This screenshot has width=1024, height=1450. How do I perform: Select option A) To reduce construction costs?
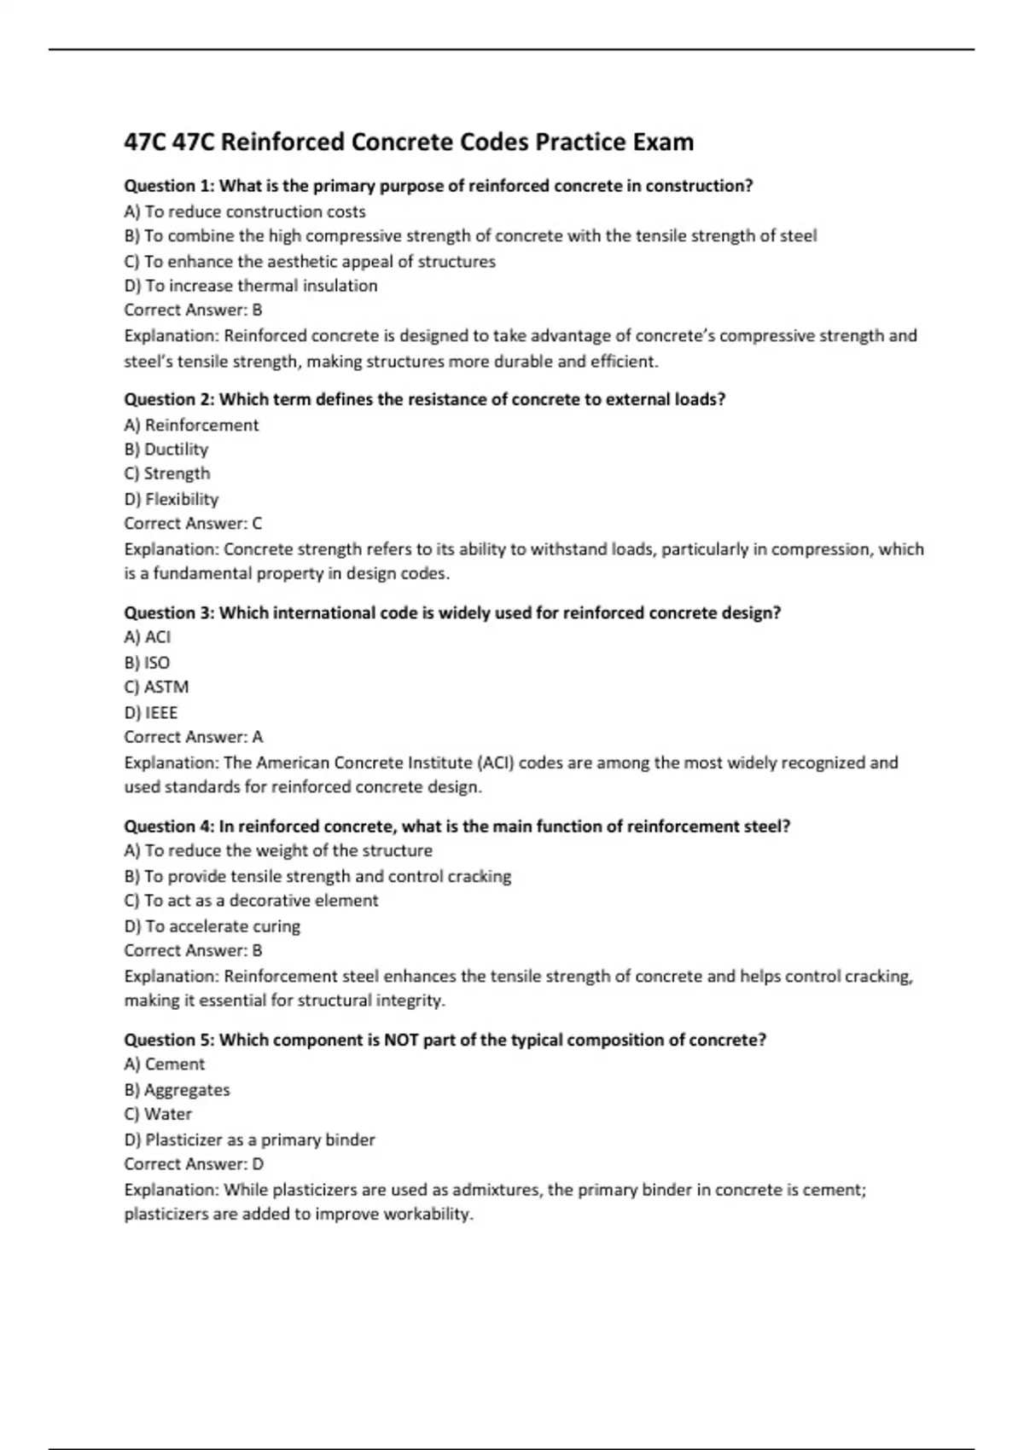(x=245, y=212)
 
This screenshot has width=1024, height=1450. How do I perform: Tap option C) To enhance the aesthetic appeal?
(x=310, y=261)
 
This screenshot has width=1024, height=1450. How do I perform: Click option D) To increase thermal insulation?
(x=251, y=286)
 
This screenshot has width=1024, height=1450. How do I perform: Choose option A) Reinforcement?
(x=191, y=425)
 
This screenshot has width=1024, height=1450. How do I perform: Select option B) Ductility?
(x=166, y=449)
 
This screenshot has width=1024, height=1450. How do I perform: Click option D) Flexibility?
(x=172, y=499)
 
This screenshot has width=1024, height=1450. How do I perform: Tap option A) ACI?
(x=148, y=637)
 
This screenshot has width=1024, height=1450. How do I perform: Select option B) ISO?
(x=147, y=663)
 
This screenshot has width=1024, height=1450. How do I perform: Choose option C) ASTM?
(x=157, y=687)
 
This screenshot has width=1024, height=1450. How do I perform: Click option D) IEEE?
(x=151, y=712)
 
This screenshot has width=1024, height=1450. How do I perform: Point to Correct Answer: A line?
(x=194, y=737)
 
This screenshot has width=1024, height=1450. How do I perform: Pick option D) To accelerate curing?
(x=212, y=926)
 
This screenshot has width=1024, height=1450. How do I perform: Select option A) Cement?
(x=165, y=1064)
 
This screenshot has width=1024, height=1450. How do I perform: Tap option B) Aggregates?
(x=177, y=1090)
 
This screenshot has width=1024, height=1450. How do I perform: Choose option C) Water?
(x=158, y=1114)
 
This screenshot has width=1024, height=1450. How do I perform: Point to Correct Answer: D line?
(x=194, y=1164)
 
